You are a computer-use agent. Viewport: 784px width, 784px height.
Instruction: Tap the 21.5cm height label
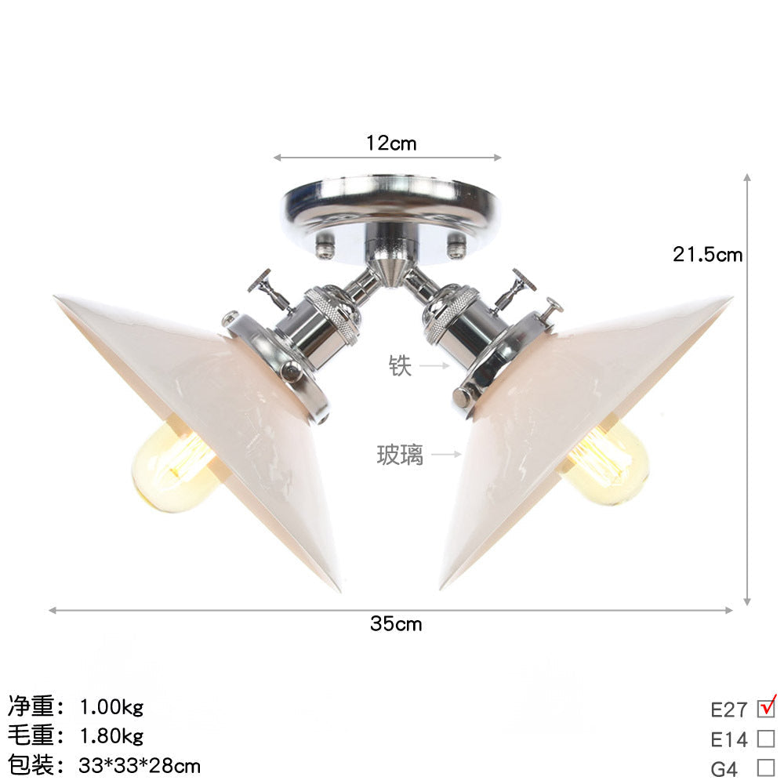coord(707,254)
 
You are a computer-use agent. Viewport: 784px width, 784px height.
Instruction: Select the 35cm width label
coord(396,624)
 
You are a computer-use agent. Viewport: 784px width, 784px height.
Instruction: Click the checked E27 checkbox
coord(766,708)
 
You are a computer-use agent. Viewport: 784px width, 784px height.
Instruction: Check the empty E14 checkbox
coord(766,738)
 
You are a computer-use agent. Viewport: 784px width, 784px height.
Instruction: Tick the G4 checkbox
coord(766,767)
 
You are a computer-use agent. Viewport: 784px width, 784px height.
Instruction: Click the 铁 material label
coord(400,365)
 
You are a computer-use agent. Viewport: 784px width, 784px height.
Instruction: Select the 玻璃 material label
coord(400,454)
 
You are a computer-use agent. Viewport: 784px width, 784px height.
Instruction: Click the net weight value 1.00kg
coord(111,707)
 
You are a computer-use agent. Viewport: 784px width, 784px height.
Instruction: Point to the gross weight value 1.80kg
coord(111,736)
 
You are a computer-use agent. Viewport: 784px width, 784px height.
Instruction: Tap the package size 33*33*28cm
coord(140,764)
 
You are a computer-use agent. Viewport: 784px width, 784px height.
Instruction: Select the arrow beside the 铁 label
coord(433,365)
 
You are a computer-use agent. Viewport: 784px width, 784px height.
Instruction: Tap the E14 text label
coord(729,739)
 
